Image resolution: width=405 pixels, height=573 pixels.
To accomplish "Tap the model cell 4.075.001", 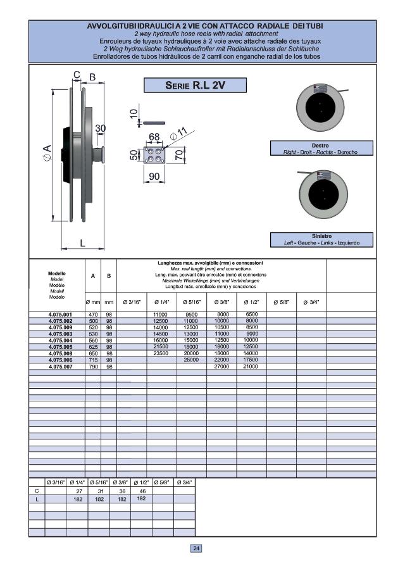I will click(61, 315).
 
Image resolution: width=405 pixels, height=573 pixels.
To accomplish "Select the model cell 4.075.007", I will click(61, 366).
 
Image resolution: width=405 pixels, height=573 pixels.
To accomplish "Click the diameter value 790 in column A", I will click(93, 366).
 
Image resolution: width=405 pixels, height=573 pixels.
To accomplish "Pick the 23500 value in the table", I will click(161, 353).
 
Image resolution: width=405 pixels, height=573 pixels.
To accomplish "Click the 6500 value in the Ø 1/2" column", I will click(252, 315).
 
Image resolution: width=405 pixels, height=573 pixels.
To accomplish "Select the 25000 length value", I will click(192, 360).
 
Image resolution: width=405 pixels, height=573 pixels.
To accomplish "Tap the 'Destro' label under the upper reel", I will click(320, 146).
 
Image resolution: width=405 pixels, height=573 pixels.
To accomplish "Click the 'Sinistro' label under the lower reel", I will click(321, 236).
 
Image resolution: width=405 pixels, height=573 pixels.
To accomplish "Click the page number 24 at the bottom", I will click(196, 548).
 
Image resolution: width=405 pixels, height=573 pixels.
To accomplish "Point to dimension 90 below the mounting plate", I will click(154, 176).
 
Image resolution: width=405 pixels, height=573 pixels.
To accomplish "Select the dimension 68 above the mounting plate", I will click(154, 137).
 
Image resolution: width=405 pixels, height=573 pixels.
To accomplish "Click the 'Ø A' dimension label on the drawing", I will click(46, 153).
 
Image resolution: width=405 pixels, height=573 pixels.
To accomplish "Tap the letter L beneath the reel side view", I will click(83, 242).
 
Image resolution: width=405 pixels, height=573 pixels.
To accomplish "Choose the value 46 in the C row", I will click(142, 491).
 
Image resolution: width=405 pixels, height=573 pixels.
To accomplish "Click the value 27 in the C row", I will click(79, 491).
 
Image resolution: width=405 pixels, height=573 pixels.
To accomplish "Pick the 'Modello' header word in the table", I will click(57, 274).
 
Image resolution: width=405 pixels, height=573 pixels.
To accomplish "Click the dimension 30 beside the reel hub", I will click(100, 128).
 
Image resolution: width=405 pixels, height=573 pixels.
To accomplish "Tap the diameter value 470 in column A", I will click(93, 315).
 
